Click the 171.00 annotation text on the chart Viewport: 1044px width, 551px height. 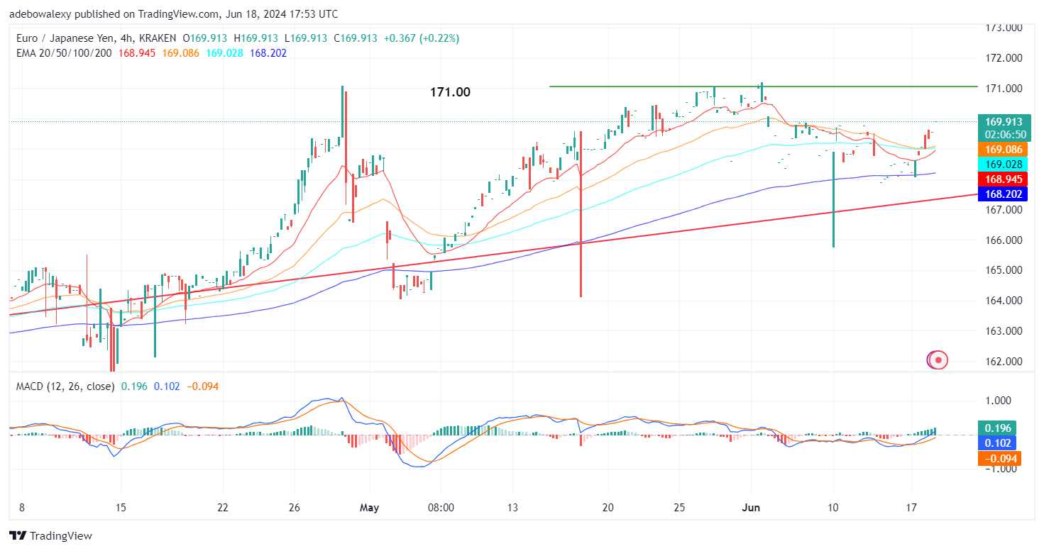point(450,92)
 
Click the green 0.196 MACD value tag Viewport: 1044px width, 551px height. point(996,428)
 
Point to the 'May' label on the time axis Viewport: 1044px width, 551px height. point(369,508)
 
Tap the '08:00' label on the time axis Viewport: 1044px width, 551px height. point(441,508)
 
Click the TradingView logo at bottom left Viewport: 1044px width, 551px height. point(50,536)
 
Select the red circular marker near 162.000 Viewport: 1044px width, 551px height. point(938,360)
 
